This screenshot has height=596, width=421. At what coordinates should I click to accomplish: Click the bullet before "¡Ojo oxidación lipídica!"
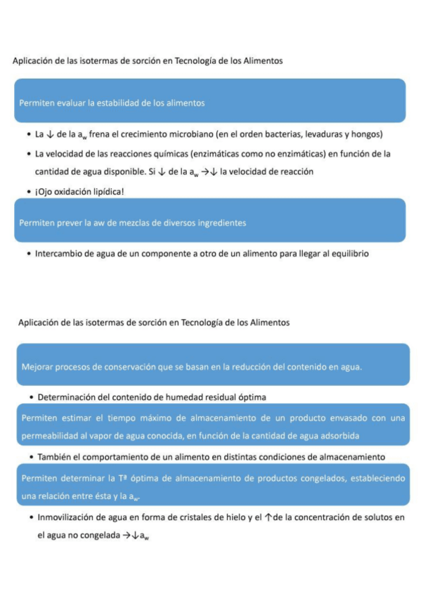click(x=27, y=191)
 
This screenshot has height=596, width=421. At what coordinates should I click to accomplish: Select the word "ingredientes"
click(x=220, y=223)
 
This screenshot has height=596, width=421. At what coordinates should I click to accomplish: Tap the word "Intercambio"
click(x=59, y=253)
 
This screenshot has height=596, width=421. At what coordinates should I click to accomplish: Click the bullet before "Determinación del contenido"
click(x=32, y=397)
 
